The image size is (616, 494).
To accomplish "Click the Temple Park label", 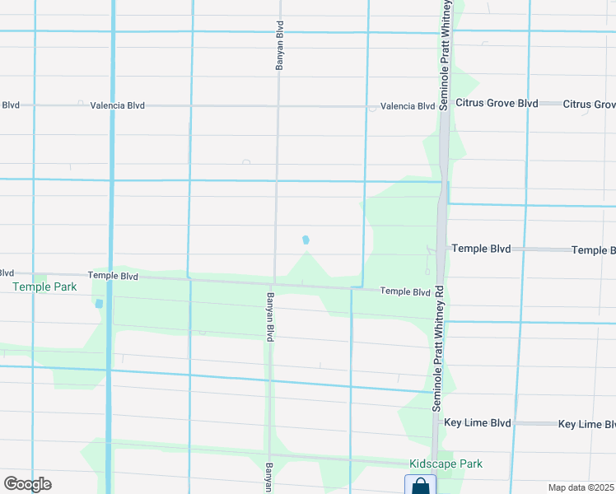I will click(x=44, y=287).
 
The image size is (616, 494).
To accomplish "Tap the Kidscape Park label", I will click(x=446, y=464).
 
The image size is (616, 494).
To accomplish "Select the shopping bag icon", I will click(x=420, y=485).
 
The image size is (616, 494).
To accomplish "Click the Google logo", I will click(x=27, y=484).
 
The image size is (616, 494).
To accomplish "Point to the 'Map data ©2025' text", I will click(x=581, y=487).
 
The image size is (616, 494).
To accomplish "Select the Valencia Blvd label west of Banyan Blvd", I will click(x=118, y=105).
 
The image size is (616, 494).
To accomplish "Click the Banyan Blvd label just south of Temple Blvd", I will click(x=269, y=316).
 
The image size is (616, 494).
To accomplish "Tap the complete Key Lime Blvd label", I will click(x=478, y=423).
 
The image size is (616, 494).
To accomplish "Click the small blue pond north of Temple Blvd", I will click(x=306, y=240).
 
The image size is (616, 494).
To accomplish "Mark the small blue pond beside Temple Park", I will click(x=100, y=303).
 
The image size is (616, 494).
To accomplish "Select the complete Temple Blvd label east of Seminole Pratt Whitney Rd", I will click(x=481, y=249).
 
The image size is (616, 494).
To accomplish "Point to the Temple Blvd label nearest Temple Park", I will click(x=113, y=277).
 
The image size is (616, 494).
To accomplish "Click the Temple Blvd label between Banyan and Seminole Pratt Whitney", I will click(x=405, y=292).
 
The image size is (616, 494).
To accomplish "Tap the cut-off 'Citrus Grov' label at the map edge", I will click(x=590, y=105).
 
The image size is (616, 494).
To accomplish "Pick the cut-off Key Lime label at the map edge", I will click(x=586, y=424).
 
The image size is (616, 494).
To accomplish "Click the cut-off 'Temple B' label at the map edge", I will click(x=593, y=250).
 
